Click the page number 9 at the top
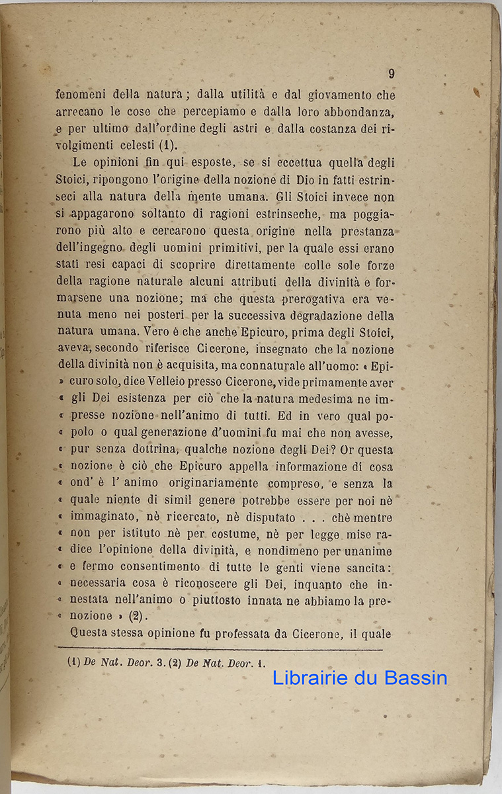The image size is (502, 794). pos(391,73)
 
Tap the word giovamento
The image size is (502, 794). pos(337,95)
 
